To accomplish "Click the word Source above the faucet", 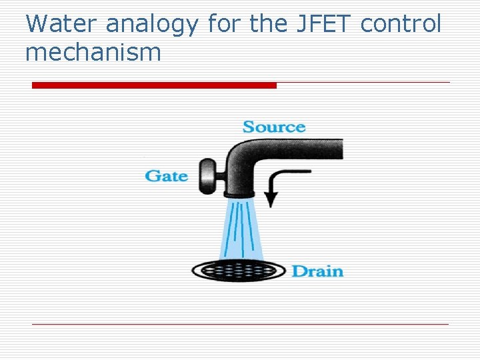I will coord(274,127).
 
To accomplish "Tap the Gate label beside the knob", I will coord(166,176).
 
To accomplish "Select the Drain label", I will coord(317,271).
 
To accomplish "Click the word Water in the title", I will coord(62,25).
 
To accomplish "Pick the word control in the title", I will coord(401,25).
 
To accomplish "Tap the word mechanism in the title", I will coord(93,52).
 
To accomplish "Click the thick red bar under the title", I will coord(154,85).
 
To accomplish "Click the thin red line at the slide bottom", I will coord(240,324).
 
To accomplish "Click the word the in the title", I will coord(266,25).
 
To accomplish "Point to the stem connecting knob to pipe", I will coord(219,176).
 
